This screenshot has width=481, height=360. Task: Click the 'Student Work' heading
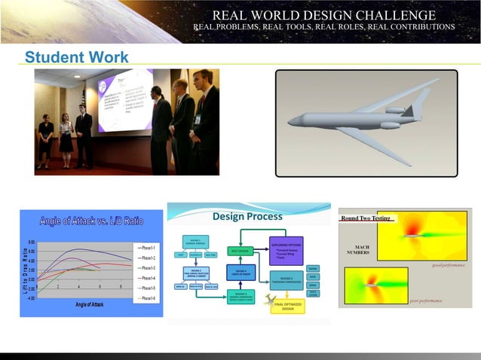(x=76, y=58)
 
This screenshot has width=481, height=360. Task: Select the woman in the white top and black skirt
(x=66, y=139)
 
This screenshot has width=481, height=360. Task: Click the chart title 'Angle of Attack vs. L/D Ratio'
(x=91, y=220)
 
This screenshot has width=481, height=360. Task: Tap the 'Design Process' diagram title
(x=247, y=217)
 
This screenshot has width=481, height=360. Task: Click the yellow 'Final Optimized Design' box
(x=287, y=306)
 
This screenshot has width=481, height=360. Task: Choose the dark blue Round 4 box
(x=241, y=273)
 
